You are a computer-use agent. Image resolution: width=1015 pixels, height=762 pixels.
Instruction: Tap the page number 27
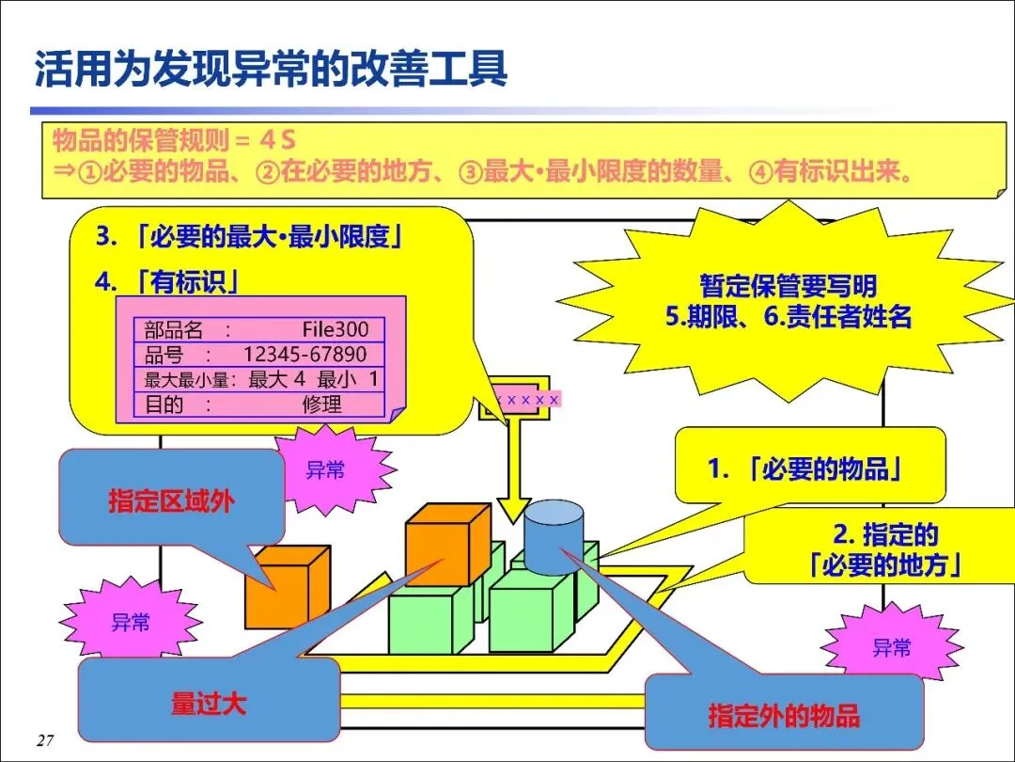coord(44,740)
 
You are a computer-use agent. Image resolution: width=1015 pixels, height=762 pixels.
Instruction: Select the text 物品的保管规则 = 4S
coord(174,141)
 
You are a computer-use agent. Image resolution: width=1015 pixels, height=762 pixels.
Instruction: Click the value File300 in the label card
coord(336,329)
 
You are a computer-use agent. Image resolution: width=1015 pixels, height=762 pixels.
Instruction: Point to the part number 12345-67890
coord(304,355)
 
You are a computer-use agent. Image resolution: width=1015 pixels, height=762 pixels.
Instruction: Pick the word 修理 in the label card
coord(322,405)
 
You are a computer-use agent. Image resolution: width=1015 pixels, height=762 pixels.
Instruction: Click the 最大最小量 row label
coord(194,380)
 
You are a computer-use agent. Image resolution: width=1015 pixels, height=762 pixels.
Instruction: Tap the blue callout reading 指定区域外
coord(171,500)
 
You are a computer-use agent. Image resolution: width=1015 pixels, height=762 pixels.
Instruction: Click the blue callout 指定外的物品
coord(784,715)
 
